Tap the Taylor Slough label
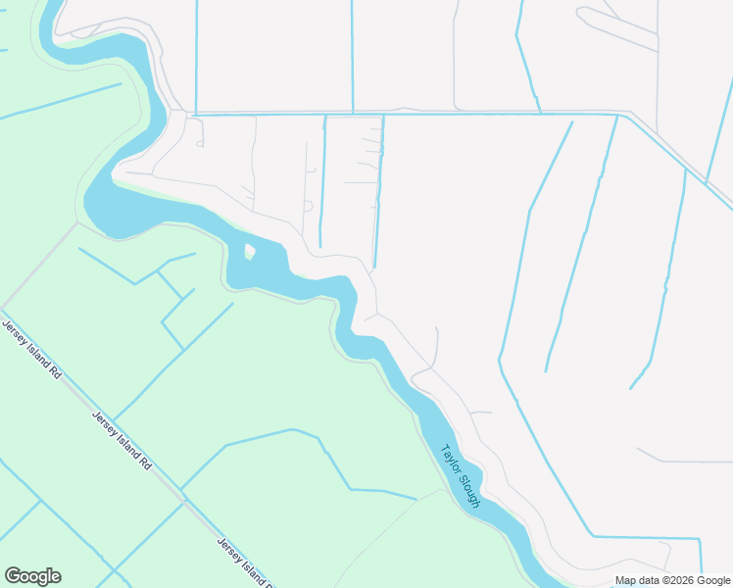point(460,476)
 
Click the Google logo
point(32,576)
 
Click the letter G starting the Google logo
point(12,576)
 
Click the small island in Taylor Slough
point(249,252)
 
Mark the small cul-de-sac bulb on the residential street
point(308,206)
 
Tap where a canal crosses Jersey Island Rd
point(180,488)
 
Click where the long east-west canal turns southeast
point(618,115)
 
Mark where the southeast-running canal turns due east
point(593,537)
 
